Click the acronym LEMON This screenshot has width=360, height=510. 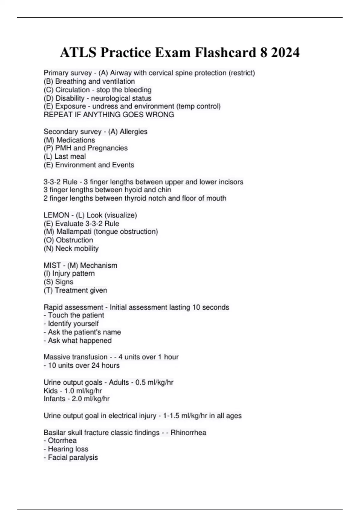tap(56, 215)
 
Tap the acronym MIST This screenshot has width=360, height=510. tap(52, 265)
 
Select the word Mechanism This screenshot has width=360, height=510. tap(99, 265)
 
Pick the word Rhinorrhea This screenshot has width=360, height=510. tap(188, 433)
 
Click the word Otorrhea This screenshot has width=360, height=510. tap(62, 441)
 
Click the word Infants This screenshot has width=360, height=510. tap(54, 399)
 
